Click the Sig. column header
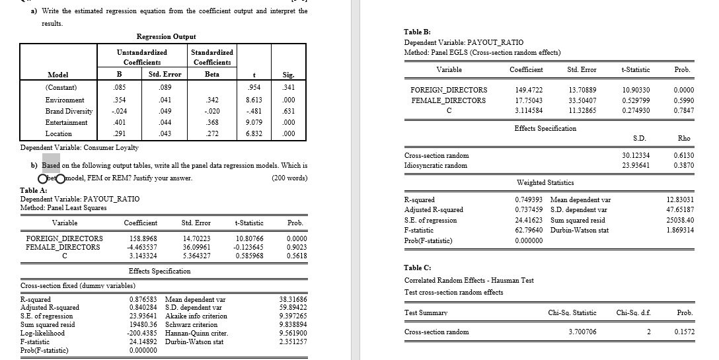coord(288,75)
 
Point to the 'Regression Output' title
coord(166,36)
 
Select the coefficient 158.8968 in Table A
coord(139,238)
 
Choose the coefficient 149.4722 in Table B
coord(528,90)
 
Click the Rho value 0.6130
coord(683,155)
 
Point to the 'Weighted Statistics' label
coord(545,182)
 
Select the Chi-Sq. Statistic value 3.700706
coord(582,332)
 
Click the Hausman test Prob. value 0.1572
coord(685,332)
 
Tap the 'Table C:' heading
coord(417,267)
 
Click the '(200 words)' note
coord(289,178)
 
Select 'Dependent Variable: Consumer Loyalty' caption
coord(80,148)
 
